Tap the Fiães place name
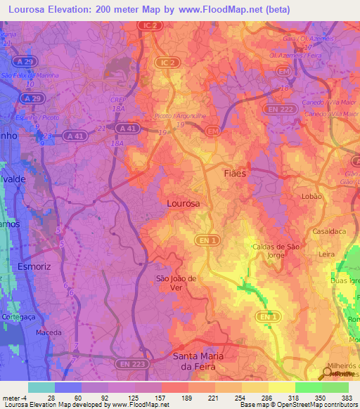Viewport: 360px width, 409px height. pyautogui.click(x=236, y=172)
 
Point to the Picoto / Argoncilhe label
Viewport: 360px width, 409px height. pyautogui.click(x=175, y=117)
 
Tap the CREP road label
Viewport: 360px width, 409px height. pyautogui.click(x=117, y=100)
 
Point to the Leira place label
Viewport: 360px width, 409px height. pyautogui.click(x=325, y=254)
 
